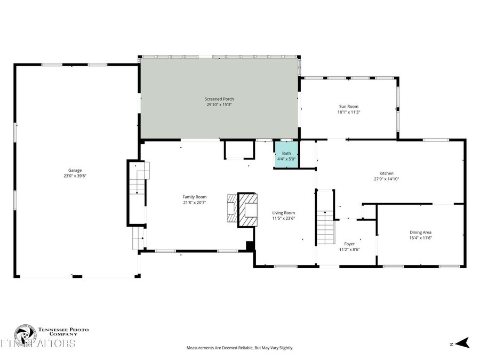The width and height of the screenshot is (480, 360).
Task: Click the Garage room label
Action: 75,170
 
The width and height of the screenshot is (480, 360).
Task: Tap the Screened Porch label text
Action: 219,99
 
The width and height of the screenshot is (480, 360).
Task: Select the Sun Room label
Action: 348,106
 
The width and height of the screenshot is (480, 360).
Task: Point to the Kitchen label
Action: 386,173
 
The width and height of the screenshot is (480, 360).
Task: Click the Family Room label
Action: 194,197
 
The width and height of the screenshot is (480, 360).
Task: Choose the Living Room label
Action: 283,212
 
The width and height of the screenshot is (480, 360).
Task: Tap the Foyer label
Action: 349,244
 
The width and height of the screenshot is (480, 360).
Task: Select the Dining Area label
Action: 420,232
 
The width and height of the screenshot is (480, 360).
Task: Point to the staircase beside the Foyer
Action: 325,226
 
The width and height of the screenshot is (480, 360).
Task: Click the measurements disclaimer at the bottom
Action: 239,348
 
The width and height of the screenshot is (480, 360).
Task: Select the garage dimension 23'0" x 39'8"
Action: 75,176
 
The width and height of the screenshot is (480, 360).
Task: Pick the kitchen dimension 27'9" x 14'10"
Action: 386,179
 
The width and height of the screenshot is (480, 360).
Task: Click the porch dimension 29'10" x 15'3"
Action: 219,105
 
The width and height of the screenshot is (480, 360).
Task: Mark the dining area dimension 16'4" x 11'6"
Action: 420,238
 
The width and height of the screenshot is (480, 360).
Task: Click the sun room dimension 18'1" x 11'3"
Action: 348,112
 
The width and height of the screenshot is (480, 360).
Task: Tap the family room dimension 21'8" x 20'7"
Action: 194,203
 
